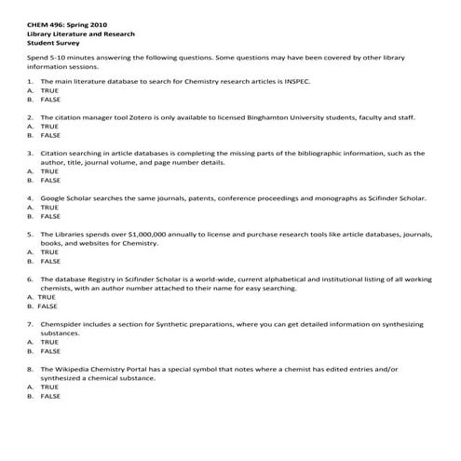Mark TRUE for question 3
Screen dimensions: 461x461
tap(48, 170)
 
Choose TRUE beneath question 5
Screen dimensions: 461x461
tap(48, 251)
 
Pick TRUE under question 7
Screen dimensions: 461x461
tap(48, 342)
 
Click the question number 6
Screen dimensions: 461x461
tap(30, 278)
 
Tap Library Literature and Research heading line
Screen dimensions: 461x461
tap(79, 33)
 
